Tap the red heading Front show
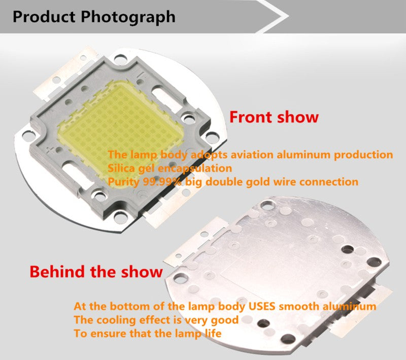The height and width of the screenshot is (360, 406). pyautogui.click(x=274, y=117)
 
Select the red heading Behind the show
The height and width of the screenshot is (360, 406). pyautogui.click(x=96, y=271)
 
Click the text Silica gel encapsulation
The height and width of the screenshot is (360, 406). pyautogui.click(x=170, y=168)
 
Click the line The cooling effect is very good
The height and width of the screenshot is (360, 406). pyautogui.click(x=156, y=320)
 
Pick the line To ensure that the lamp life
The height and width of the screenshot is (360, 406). pyautogui.click(x=147, y=334)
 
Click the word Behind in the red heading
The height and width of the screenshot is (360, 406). pyautogui.click(x=57, y=271)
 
